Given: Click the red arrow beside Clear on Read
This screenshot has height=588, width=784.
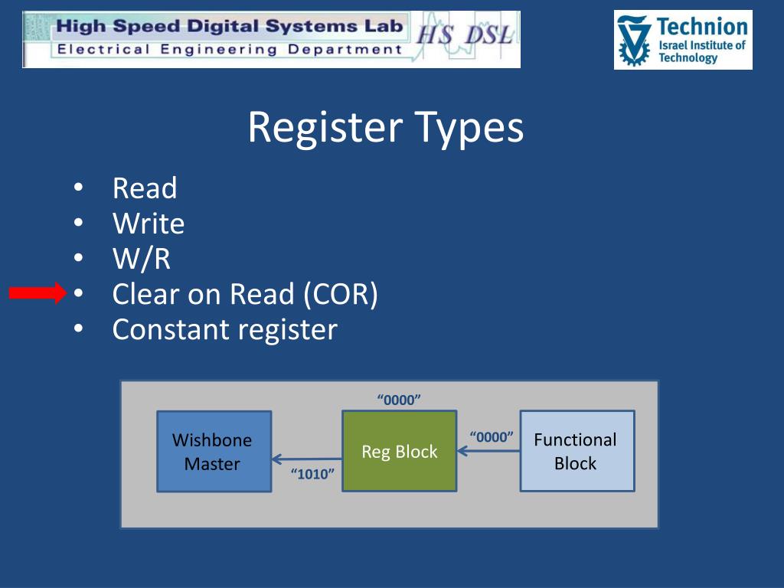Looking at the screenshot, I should coord(38,293).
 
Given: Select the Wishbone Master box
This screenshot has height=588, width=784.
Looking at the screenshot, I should coord(214,451).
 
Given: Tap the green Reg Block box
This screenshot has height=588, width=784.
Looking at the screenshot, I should coord(399,451).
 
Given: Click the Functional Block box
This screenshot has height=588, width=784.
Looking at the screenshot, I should coord(577,451).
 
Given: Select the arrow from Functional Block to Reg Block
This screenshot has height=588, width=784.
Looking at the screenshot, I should coord(488,451).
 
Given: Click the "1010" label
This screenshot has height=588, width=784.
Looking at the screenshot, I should coord(313,475).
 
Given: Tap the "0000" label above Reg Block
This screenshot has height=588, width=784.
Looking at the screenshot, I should coord(400,400).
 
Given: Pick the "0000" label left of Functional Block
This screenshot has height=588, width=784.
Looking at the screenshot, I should coord(491,437).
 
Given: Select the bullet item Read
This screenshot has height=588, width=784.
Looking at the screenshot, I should coord(145,188).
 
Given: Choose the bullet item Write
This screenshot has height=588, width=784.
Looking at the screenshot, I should coord(149,224).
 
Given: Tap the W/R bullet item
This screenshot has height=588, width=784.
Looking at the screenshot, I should coord(142,259).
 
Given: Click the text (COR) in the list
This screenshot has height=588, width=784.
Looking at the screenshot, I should coord(339,294).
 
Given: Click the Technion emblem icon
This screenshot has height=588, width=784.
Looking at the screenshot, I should coord(634,41).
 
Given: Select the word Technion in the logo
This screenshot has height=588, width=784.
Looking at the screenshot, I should coord(702,27).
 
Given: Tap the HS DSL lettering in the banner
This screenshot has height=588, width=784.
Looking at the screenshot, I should coord(463,35).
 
